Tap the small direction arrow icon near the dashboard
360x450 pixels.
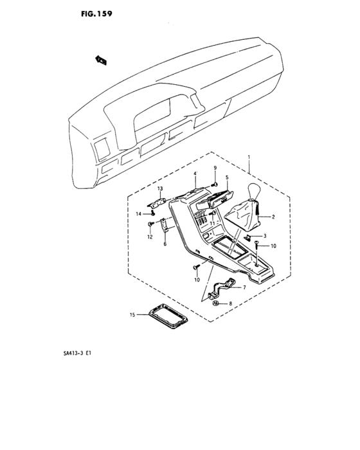point(100,60)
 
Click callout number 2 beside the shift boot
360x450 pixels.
point(273,217)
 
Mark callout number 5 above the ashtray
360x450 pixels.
point(227,177)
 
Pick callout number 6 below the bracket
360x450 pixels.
point(165,245)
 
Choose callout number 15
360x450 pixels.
point(132,315)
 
